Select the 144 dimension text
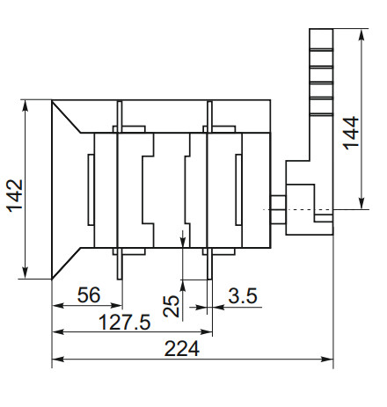pos(351,134)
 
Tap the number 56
pos(87,296)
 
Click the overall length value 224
pos(182,348)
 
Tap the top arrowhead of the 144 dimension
pos(362,33)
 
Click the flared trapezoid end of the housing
pos(69,189)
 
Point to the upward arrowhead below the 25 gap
pos(181,282)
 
